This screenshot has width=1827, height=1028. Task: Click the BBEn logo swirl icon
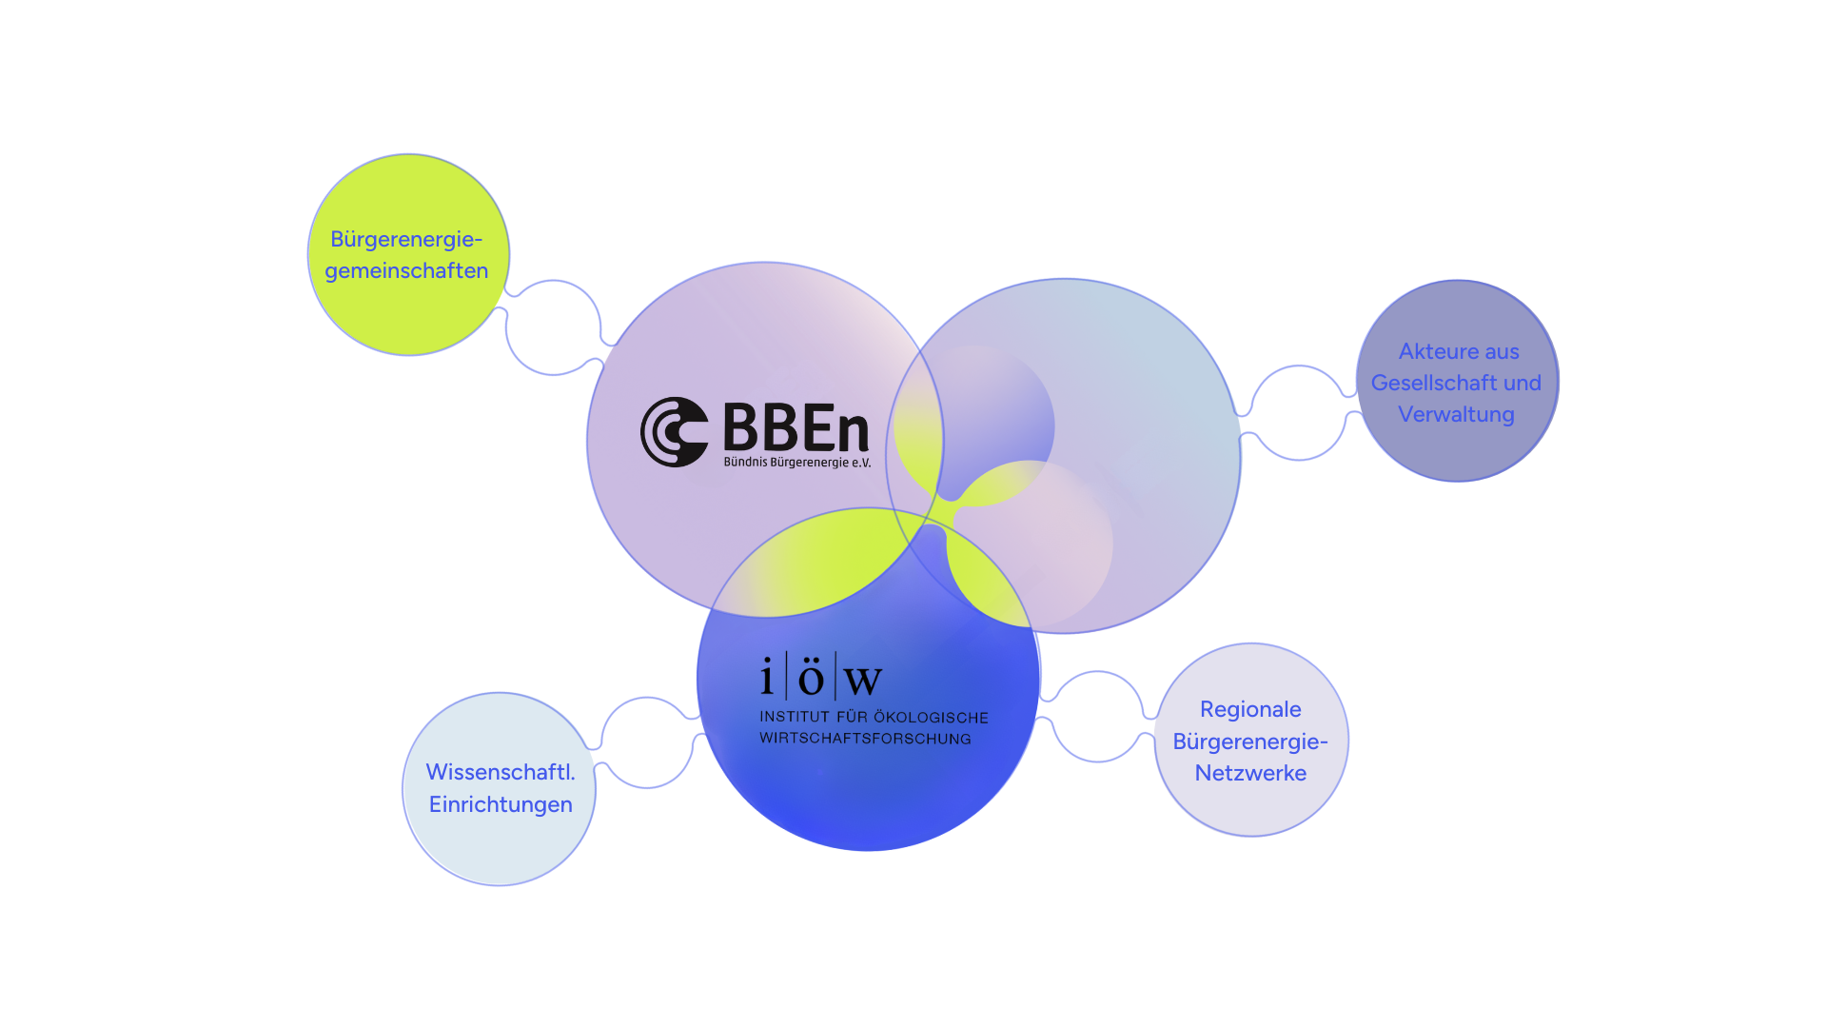click(674, 431)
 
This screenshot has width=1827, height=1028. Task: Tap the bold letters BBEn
click(796, 427)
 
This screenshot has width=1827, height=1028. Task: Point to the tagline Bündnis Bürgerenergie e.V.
click(796, 463)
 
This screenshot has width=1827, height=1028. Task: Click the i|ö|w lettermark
click(820, 678)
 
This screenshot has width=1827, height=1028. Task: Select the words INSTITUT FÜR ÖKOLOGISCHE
click(874, 717)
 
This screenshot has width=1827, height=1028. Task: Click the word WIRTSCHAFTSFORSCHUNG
click(865, 739)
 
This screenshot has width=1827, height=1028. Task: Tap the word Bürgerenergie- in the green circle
click(406, 239)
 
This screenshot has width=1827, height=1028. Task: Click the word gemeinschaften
click(406, 270)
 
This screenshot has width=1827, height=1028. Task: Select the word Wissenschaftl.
click(501, 772)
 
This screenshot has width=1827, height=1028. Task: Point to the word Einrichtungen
click(501, 804)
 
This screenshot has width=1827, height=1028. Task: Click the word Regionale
click(1250, 709)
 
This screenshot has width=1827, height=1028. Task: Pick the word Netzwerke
click(1250, 773)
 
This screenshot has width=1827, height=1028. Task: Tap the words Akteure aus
click(1459, 351)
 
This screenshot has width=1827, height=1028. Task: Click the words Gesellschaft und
click(1456, 383)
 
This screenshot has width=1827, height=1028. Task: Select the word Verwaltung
click(1456, 414)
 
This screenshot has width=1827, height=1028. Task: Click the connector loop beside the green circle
click(553, 326)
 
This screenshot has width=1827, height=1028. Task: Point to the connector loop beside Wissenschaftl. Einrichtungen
click(647, 742)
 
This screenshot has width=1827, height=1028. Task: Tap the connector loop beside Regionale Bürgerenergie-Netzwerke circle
click(1097, 716)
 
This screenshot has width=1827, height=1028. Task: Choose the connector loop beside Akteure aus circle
click(1299, 412)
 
